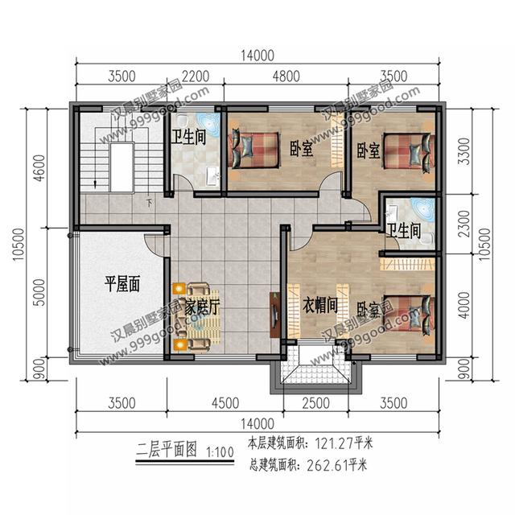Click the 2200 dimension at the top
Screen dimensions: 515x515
pyautogui.click(x=196, y=78)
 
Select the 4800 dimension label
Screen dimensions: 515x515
pyautogui.click(x=286, y=78)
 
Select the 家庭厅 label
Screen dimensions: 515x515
pyautogui.click(x=202, y=307)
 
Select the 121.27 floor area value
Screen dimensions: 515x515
pyautogui.click(x=332, y=443)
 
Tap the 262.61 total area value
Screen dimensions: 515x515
pyautogui.click(x=332, y=463)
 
